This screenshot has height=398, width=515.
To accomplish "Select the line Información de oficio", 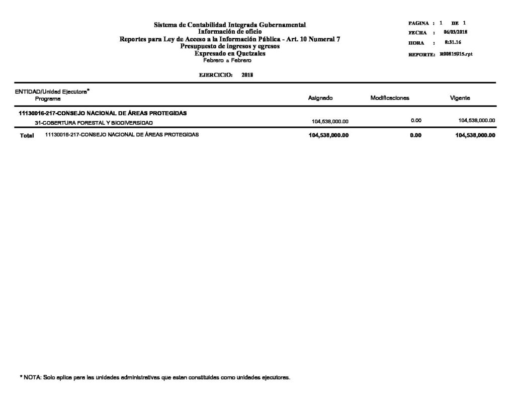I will point(230,31).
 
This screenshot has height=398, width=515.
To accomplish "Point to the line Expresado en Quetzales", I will point(230,53).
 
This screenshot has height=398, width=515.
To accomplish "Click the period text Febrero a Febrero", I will point(227,60).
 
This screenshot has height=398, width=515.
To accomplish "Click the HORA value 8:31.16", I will point(454,43).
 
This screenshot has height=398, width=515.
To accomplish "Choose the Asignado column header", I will point(320,98).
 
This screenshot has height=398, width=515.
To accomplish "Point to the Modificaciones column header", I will point(390,98).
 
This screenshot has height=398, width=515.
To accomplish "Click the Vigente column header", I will point(460,98).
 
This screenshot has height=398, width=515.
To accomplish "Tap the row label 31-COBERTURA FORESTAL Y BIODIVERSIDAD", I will point(91,123).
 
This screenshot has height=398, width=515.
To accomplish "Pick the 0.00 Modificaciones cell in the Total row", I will point(415,135).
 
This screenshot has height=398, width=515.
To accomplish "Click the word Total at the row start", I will point(27,136).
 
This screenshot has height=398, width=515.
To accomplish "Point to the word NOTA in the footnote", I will point(32,377).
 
